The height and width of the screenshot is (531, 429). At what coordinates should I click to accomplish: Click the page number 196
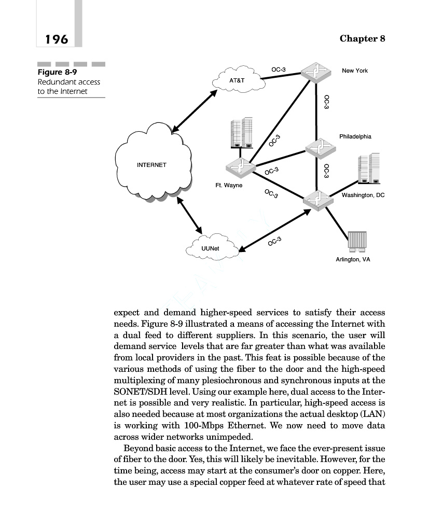click(57, 39)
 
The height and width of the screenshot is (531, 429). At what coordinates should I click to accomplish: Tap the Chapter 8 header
click(362, 39)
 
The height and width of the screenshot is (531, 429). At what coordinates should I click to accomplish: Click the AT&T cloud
click(237, 81)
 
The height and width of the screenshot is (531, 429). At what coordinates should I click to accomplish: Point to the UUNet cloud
click(210, 248)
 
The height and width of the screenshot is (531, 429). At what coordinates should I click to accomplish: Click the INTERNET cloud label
click(151, 165)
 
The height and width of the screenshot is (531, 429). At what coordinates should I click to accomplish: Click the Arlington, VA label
click(353, 259)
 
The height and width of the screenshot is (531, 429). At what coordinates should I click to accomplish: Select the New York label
click(355, 71)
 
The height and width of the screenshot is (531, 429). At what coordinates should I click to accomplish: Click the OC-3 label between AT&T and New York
click(279, 69)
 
